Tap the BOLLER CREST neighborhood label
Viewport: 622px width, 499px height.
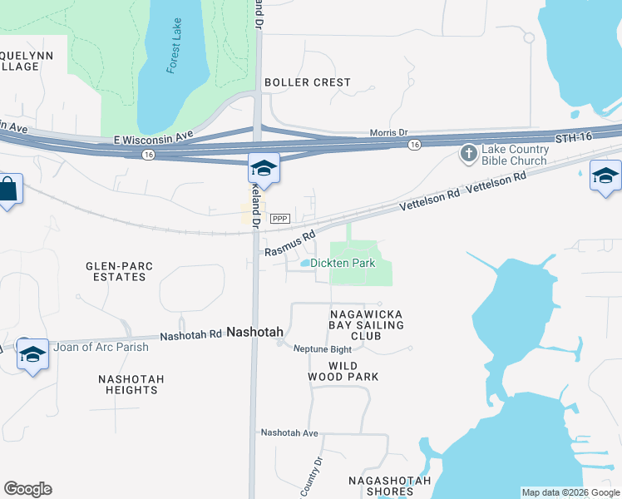pyautogui.click(x=307, y=82)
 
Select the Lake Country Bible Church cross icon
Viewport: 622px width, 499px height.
pyautogui.click(x=468, y=153)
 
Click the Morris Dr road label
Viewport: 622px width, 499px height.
pyautogui.click(x=389, y=133)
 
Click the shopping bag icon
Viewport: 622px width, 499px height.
pyautogui.click(x=7, y=190)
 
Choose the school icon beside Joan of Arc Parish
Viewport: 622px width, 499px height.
pyautogui.click(x=32, y=354)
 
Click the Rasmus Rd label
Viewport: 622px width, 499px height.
pyautogui.click(x=290, y=243)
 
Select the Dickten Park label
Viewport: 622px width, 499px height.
pyautogui.click(x=343, y=263)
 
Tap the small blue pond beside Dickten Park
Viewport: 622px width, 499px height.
pyautogui.click(x=305, y=264)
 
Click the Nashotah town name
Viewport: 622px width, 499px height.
pyautogui.click(x=255, y=331)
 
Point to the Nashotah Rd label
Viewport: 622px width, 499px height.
pyautogui.click(x=190, y=335)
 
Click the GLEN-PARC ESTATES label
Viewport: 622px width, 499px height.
pyautogui.click(x=120, y=271)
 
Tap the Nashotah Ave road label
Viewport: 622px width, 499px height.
pyautogui.click(x=289, y=432)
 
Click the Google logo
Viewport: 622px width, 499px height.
pyautogui.click(x=27, y=489)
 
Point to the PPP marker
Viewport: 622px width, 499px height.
pyautogui.click(x=279, y=219)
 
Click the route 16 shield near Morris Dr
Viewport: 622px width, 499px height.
pyautogui.click(x=413, y=145)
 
